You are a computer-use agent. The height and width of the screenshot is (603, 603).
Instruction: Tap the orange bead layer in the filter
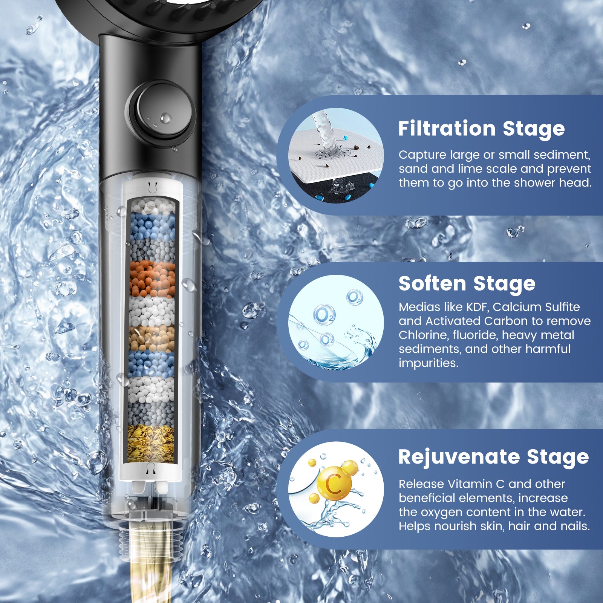(x=152, y=279)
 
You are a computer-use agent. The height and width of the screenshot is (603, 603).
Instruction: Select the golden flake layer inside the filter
(x=150, y=443)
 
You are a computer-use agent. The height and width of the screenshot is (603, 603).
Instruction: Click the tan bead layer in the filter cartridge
(x=152, y=338)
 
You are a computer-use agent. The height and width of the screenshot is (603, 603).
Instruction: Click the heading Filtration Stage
(x=481, y=129)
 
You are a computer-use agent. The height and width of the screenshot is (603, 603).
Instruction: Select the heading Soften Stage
(x=467, y=284)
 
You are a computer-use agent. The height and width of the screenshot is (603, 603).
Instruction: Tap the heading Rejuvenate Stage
(x=493, y=457)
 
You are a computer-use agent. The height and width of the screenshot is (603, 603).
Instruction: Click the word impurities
(x=428, y=363)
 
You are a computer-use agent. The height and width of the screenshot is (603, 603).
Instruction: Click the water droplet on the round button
(x=165, y=118)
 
